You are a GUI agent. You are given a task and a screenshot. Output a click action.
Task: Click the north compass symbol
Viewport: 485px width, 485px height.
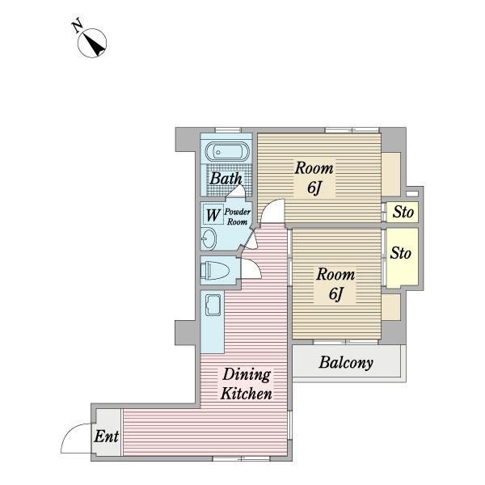pos(92,43)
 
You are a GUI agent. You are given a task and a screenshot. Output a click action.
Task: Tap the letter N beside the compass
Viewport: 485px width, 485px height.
pos(78,27)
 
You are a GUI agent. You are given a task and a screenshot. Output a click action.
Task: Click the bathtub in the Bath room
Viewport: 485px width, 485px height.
pos(227,152)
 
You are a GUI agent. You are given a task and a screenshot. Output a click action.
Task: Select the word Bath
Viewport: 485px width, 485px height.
pos(226,179)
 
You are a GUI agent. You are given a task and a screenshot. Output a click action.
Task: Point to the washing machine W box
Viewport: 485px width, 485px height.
pos(213,215)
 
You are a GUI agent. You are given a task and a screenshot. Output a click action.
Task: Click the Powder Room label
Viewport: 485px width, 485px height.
pos(237,217)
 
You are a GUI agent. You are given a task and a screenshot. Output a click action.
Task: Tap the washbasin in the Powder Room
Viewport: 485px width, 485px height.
pos(209,238)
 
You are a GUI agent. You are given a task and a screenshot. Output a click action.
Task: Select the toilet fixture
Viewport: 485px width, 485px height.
pos(215,271)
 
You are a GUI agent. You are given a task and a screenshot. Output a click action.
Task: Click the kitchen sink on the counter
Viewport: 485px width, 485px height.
pos(213,305)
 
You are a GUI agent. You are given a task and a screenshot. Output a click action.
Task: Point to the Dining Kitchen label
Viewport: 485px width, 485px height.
pos(247,384)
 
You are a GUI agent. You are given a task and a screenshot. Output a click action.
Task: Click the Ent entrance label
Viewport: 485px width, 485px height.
pos(107,436)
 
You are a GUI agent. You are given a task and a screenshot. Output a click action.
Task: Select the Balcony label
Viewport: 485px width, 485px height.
pos(346,362)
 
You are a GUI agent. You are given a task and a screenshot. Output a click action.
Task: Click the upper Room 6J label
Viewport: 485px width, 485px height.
pos(314,178)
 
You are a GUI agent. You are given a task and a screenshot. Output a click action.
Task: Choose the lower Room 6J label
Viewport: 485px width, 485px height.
pos(335,284)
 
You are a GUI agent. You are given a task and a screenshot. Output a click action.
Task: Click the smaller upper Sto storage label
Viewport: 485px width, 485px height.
pos(403,212)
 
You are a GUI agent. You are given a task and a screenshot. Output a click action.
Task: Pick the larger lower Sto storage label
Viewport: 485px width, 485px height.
pos(401,253)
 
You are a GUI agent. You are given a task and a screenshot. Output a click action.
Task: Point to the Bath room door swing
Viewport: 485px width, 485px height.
pos(236,190)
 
